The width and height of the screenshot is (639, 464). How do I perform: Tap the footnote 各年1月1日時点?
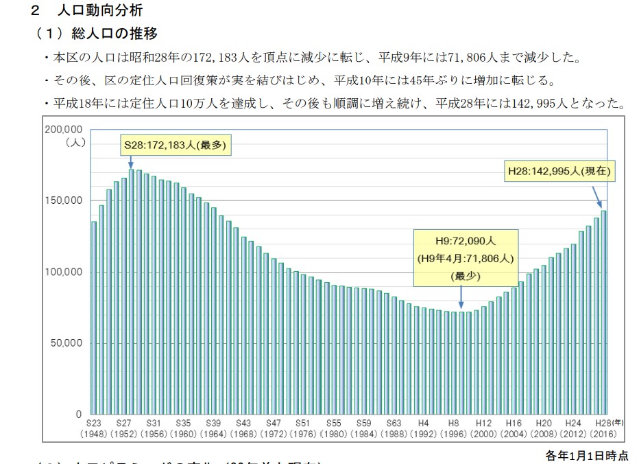pos(586,454)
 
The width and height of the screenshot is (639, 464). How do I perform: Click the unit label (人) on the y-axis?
pos(74,143)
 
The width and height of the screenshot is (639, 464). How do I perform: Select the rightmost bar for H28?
pos(604,312)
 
